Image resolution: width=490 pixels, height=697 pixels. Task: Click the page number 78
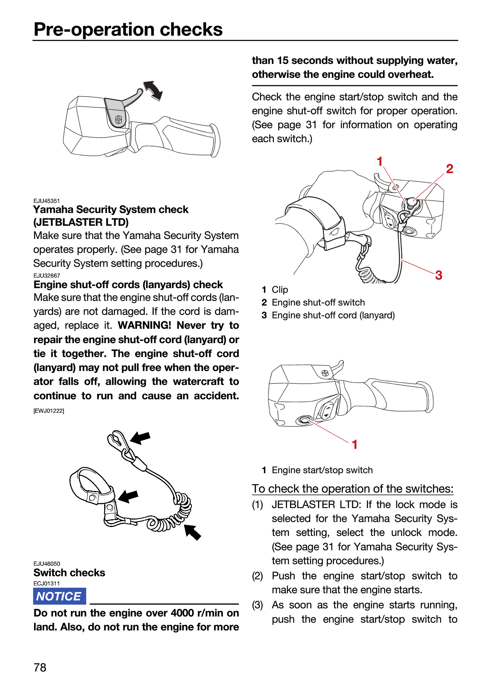click(40, 667)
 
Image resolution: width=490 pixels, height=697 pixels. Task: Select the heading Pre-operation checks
click(128, 29)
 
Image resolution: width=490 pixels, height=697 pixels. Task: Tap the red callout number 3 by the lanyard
click(438, 275)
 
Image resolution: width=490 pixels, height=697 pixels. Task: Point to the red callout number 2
click(449, 169)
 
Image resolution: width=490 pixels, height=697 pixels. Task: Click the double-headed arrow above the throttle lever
click(153, 91)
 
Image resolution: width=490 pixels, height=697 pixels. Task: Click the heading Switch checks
click(69, 573)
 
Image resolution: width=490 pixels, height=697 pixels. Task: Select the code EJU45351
click(46, 201)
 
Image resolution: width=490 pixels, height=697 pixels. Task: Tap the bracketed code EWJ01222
click(49, 411)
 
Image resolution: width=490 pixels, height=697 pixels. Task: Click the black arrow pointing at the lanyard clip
click(140, 438)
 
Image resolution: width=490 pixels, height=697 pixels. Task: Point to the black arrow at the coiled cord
click(193, 532)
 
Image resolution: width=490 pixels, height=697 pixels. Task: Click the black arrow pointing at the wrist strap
click(128, 496)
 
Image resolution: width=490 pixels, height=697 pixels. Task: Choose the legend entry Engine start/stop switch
click(322, 470)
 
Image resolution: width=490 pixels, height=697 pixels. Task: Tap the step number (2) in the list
click(258, 576)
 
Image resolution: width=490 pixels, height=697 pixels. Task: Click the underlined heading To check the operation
click(352, 489)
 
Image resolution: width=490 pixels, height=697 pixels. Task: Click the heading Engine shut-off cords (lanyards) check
click(128, 285)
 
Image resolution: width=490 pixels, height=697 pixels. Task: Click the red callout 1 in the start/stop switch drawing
click(354, 445)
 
